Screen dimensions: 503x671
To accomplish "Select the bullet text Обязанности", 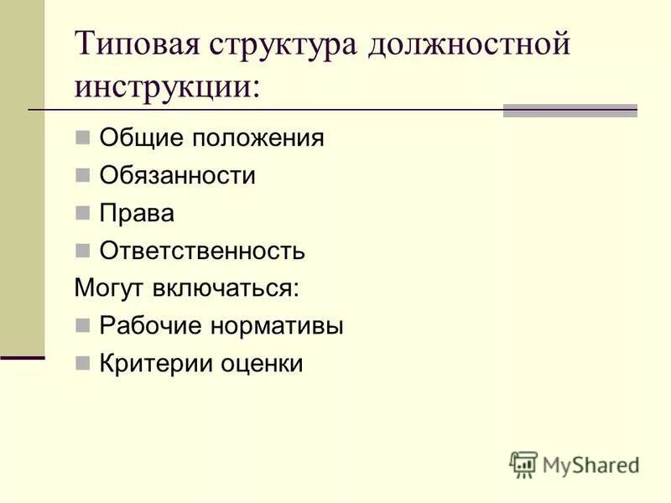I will (x=177, y=176).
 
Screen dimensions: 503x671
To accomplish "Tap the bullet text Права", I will (x=137, y=213).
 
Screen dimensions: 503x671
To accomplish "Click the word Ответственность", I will (x=202, y=251).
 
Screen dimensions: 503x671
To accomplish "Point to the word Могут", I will (x=110, y=288).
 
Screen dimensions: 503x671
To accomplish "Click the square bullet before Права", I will (x=81, y=213).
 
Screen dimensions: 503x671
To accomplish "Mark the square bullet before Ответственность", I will (x=81, y=250).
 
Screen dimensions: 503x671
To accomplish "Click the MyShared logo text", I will (x=590, y=463).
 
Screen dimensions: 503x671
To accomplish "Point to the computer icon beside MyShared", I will (x=523, y=464).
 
